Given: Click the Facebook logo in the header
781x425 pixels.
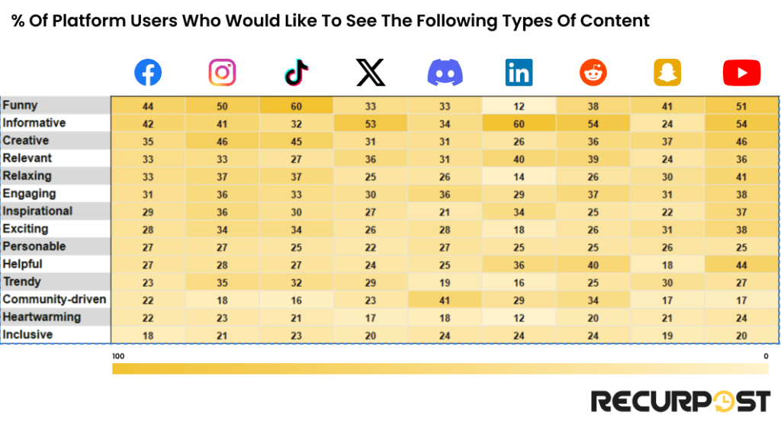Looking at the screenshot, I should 148,73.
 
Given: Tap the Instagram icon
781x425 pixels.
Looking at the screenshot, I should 222,73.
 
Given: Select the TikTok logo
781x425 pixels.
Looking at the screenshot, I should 296,73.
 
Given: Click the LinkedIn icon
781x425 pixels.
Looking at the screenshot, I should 519,73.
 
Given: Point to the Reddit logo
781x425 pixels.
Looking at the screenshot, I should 593,73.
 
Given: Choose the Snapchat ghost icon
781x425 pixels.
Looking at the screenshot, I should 667,73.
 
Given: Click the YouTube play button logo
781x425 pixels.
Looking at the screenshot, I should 741,73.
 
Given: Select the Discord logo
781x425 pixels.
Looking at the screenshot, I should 445,73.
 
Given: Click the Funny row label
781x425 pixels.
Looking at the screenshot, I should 20,105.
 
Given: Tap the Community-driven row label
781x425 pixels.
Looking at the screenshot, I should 54,299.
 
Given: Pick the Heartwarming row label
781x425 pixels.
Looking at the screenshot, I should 41,317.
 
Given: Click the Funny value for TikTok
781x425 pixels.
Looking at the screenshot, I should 296,106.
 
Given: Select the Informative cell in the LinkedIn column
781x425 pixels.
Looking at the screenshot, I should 519,124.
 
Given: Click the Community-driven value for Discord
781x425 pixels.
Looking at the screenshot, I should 445,300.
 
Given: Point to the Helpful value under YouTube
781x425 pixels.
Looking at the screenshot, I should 741,265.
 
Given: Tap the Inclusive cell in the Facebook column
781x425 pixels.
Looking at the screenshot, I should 148,335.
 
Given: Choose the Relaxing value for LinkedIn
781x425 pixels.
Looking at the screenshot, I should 519,176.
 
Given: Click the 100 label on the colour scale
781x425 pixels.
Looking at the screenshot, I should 118,356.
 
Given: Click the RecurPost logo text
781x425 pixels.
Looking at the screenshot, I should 681,401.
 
